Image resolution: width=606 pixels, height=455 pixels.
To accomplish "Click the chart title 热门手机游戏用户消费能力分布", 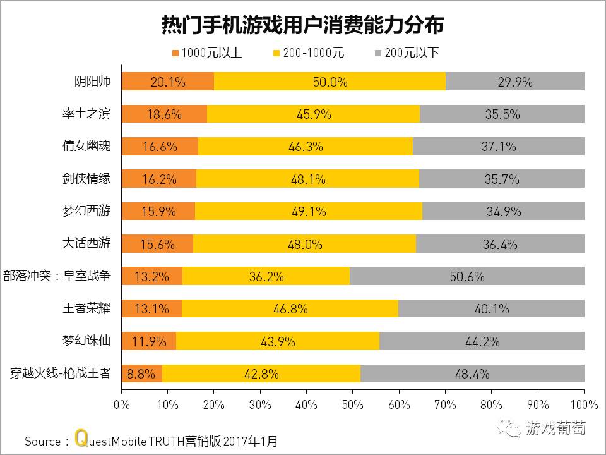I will tap(303, 25).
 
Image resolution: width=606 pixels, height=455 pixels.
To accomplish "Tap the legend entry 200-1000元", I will tap(309, 53).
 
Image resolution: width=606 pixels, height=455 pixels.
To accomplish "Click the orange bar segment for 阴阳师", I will tap(168, 82).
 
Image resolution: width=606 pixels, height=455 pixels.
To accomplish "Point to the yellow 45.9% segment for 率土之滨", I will tap(313, 114).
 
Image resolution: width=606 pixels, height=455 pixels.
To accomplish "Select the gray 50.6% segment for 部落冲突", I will tap(467, 276).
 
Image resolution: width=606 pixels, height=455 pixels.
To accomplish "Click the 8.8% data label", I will tap(141, 373).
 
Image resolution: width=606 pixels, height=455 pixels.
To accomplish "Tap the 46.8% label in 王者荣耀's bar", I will tap(290, 309).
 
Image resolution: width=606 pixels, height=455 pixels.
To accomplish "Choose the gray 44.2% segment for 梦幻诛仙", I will tap(482, 341).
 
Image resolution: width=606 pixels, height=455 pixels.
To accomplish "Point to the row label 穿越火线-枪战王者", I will tap(61, 373).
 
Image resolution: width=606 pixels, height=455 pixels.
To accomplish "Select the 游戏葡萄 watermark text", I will tap(555, 428).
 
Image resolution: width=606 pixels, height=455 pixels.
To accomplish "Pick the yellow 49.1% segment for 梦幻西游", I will tap(308, 211).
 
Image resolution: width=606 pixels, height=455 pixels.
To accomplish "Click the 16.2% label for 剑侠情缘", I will tap(159, 179).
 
